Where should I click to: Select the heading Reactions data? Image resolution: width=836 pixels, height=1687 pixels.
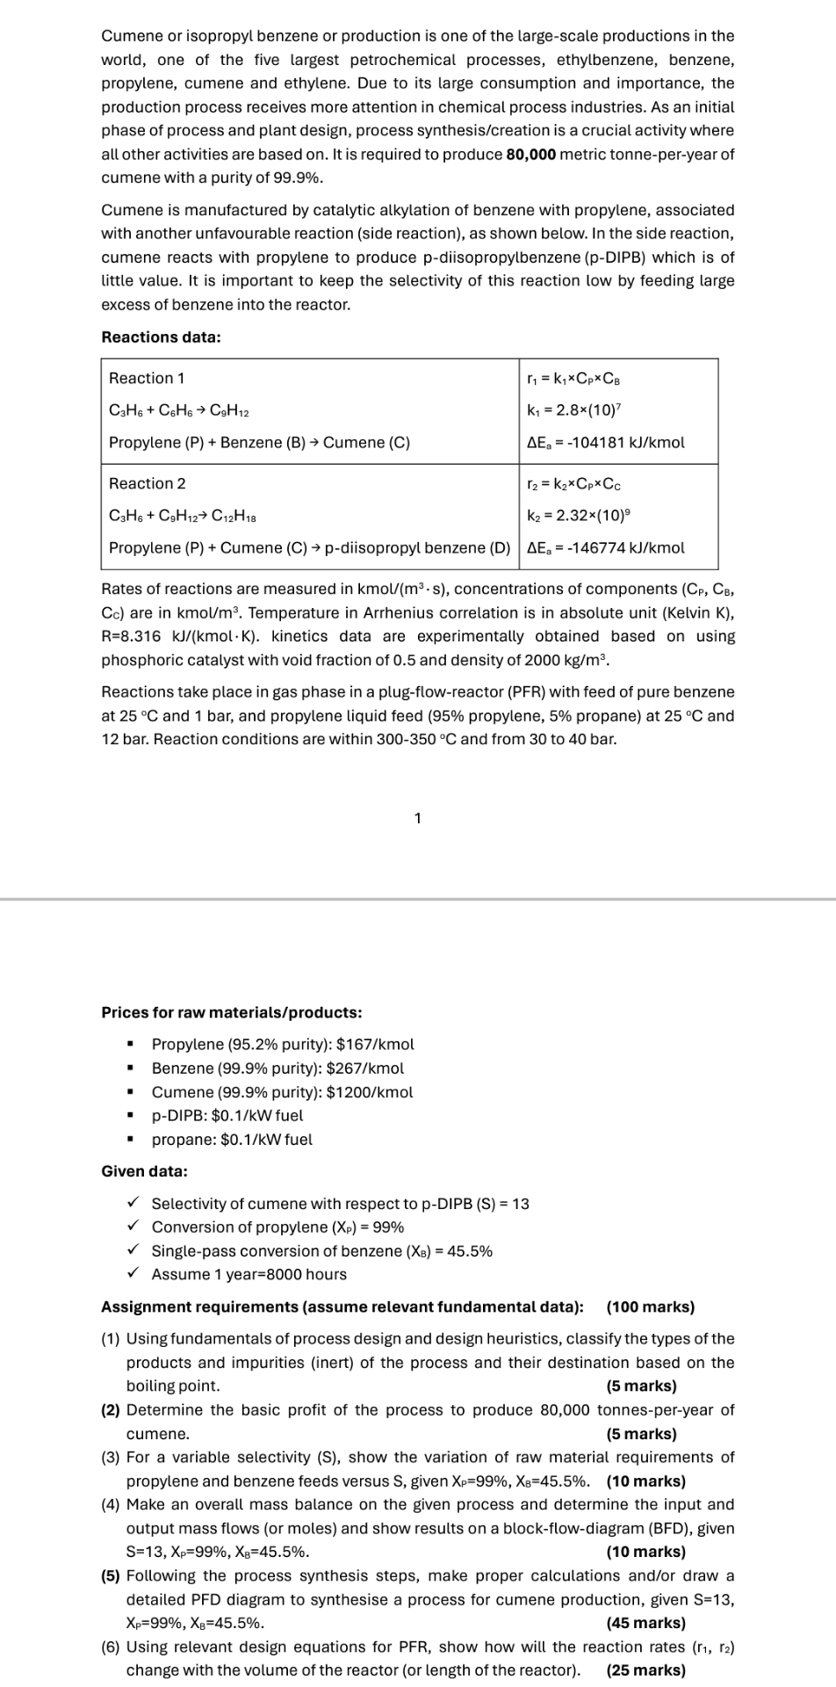pos(161,337)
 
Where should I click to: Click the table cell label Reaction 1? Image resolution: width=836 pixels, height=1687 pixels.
pos(147,378)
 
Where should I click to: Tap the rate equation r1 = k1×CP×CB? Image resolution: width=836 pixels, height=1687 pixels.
pos(575,378)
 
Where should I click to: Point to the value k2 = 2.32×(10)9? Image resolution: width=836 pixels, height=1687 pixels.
pos(574,515)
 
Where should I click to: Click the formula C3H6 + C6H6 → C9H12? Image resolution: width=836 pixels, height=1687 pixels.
pos(183,410)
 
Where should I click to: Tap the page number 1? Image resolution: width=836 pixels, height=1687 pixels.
pos(417,818)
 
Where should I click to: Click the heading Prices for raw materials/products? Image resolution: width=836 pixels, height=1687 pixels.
pos(232,1012)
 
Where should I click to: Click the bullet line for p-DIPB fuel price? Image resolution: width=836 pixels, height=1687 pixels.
pos(227,1115)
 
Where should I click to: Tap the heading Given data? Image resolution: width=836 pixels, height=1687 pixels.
pos(144,1171)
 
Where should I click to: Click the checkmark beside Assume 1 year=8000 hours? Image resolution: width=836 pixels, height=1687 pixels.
pos(133,1273)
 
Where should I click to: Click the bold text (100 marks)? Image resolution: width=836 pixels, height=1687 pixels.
pos(650,1307)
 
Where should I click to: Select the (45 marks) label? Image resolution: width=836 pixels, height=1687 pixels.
pos(645,1623)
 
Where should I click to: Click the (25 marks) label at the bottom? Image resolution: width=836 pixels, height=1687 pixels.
pos(645,1669)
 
